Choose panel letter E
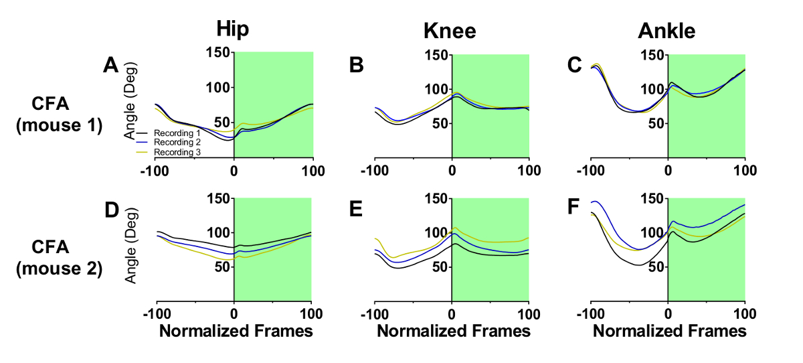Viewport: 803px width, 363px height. coord(357,210)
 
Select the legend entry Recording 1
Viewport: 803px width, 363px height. coord(177,134)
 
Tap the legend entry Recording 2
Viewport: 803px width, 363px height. coord(177,143)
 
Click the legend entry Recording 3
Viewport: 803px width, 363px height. coord(177,153)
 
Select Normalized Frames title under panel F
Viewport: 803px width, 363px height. coord(669,331)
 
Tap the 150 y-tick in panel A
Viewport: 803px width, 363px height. coord(219,53)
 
